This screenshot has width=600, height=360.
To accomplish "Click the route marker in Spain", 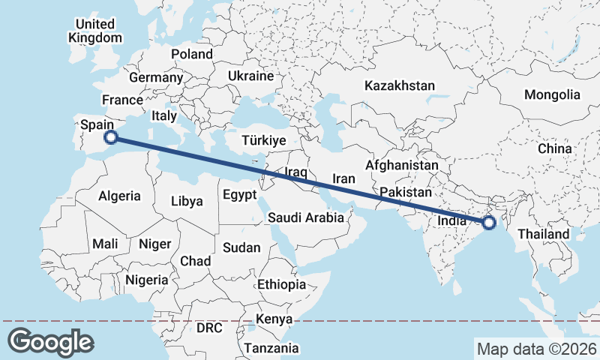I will coord(111,136).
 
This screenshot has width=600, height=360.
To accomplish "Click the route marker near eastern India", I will coord(489,223).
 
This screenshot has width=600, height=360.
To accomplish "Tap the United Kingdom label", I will coord(94,31).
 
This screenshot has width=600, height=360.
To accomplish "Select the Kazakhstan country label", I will coord(400,86).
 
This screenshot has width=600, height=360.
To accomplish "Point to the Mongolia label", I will coord(552,95).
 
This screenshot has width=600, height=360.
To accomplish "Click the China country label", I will coord(555,148).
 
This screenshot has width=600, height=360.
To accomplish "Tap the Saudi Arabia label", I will coord(306,218).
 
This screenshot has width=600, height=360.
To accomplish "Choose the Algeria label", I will coord(119,196).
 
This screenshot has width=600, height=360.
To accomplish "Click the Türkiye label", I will coord(263,140).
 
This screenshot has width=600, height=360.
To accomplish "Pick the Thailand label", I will coord(544,234).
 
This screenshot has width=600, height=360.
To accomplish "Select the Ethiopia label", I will coord(281,284).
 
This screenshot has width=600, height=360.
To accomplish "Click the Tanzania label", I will coord(271,348).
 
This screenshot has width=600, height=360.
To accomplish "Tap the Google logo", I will coord(50,342).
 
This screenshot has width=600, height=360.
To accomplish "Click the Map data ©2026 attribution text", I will coord(536,349).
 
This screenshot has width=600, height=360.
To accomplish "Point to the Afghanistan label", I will coord(402,165).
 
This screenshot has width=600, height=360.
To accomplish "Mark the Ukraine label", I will coord(250,76).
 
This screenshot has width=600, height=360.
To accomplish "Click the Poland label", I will coord(192,54).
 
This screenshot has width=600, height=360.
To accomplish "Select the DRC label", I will coord(210,328).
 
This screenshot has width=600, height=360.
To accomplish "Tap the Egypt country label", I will coord(240,195).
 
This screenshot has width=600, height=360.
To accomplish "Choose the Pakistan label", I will coord(406,193).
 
